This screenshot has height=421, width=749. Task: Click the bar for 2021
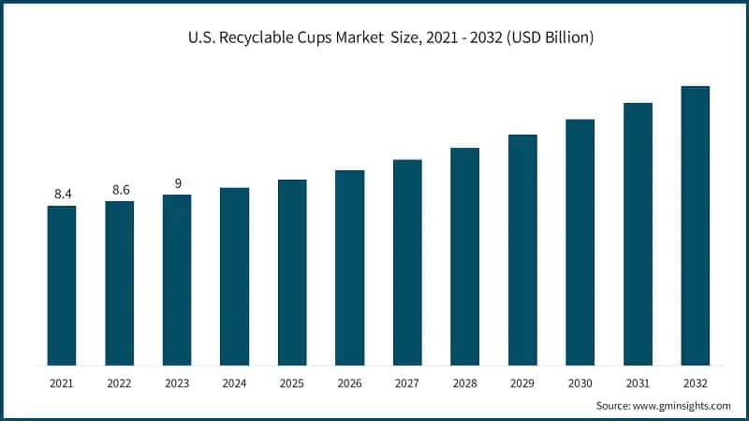(x=62, y=285)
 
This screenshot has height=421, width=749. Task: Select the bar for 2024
(x=234, y=276)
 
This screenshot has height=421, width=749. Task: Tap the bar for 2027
(x=407, y=262)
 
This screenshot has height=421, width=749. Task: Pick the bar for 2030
(x=580, y=242)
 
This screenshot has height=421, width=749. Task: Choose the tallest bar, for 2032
(x=695, y=225)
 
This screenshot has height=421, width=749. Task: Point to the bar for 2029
(x=522, y=250)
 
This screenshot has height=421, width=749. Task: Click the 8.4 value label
(x=63, y=194)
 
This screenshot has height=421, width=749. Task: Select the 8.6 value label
(x=121, y=189)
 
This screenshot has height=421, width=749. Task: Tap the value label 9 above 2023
(x=177, y=182)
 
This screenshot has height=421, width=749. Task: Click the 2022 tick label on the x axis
(x=119, y=383)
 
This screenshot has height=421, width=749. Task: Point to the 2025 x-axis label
(x=292, y=383)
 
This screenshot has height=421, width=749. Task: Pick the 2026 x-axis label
(x=349, y=383)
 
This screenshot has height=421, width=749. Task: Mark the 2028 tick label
(x=464, y=383)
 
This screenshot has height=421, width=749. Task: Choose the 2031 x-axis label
(x=637, y=383)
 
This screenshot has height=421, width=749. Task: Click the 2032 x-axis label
(x=695, y=383)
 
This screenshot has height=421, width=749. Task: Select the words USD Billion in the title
(x=551, y=38)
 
